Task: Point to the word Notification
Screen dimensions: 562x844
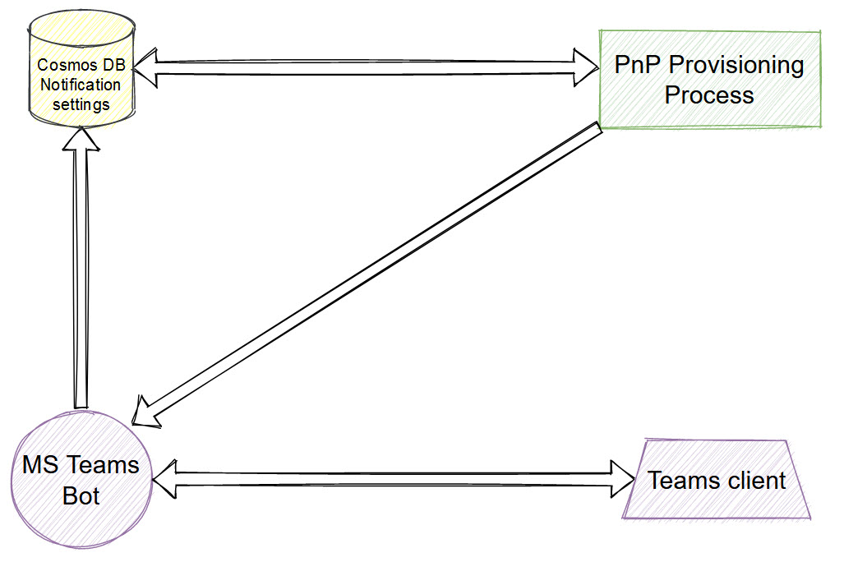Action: tap(80, 85)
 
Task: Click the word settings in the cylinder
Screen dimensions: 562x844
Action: tap(80, 104)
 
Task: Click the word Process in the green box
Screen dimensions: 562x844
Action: tap(709, 94)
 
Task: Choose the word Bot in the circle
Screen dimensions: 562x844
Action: tap(81, 496)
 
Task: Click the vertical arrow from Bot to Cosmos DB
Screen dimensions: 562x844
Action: tap(81, 271)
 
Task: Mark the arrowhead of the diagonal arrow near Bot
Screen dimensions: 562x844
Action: tap(149, 410)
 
